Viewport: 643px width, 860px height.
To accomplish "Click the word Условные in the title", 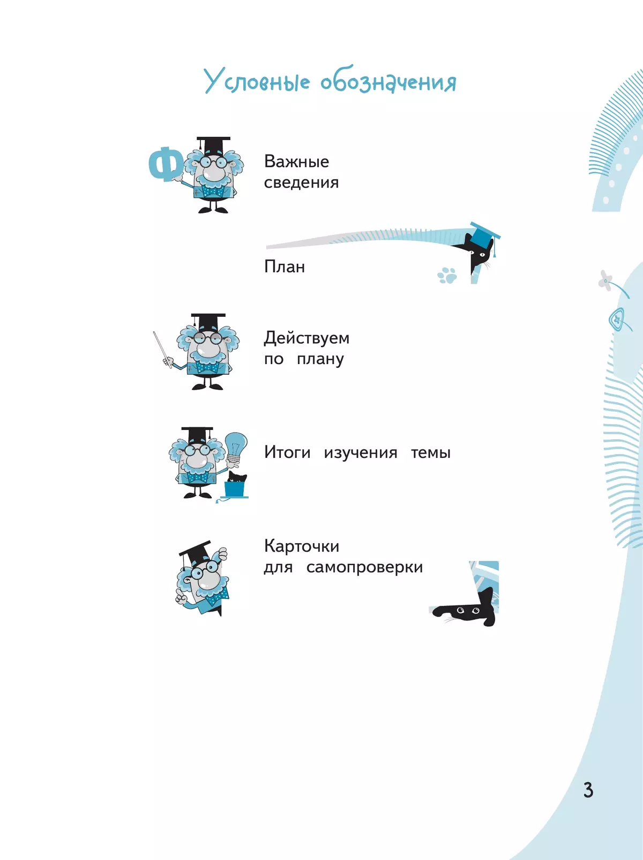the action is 257,81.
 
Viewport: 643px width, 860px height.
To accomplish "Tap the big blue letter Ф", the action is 166,164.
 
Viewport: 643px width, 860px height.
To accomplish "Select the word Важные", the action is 296,161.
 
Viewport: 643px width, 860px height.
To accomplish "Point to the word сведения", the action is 301,182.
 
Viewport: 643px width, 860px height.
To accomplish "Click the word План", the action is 285,266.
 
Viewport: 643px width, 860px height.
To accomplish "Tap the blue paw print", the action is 447,275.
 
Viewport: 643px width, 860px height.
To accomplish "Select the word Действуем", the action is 306,338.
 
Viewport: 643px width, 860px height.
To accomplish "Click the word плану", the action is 320,359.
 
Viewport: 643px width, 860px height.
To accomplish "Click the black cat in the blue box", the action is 237,477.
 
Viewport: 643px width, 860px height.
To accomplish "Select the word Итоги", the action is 287,452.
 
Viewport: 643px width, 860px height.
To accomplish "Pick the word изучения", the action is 360,453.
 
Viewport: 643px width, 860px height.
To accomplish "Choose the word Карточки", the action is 302,546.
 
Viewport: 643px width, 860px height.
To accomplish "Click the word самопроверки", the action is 364,567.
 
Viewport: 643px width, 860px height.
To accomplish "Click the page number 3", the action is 588,790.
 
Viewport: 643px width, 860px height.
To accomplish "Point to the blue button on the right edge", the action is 617,320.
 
